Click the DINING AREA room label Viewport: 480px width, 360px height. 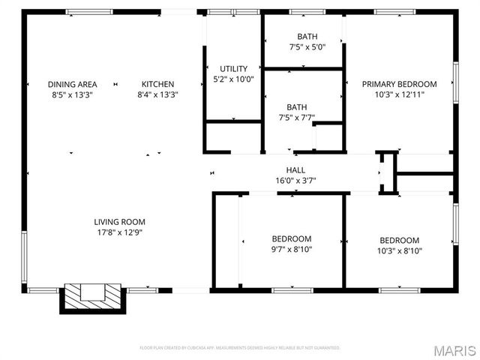[x=72, y=84]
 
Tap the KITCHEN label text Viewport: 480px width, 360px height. [x=158, y=84]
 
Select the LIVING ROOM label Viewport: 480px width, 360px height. [x=119, y=222]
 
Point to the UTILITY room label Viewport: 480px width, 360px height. [x=233, y=69]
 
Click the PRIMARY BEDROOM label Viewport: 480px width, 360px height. [x=399, y=84]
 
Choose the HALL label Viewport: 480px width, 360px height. [x=295, y=170]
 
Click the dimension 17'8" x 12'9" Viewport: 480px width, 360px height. [x=119, y=232]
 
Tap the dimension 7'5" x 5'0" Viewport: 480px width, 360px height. [x=307, y=47]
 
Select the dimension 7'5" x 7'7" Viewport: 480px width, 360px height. [x=296, y=117]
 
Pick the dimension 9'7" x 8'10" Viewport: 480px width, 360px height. [x=292, y=250]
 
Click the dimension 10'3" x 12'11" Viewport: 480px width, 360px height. [x=399, y=94]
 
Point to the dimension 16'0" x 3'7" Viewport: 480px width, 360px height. [x=295, y=181]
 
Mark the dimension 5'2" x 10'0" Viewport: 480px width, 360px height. [x=233, y=79]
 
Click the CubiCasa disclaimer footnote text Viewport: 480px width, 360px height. [x=240, y=348]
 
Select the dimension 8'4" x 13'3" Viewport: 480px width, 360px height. [x=158, y=94]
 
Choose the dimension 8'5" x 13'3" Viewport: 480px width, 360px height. [x=72, y=94]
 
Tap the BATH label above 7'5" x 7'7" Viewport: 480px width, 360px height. [x=296, y=106]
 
